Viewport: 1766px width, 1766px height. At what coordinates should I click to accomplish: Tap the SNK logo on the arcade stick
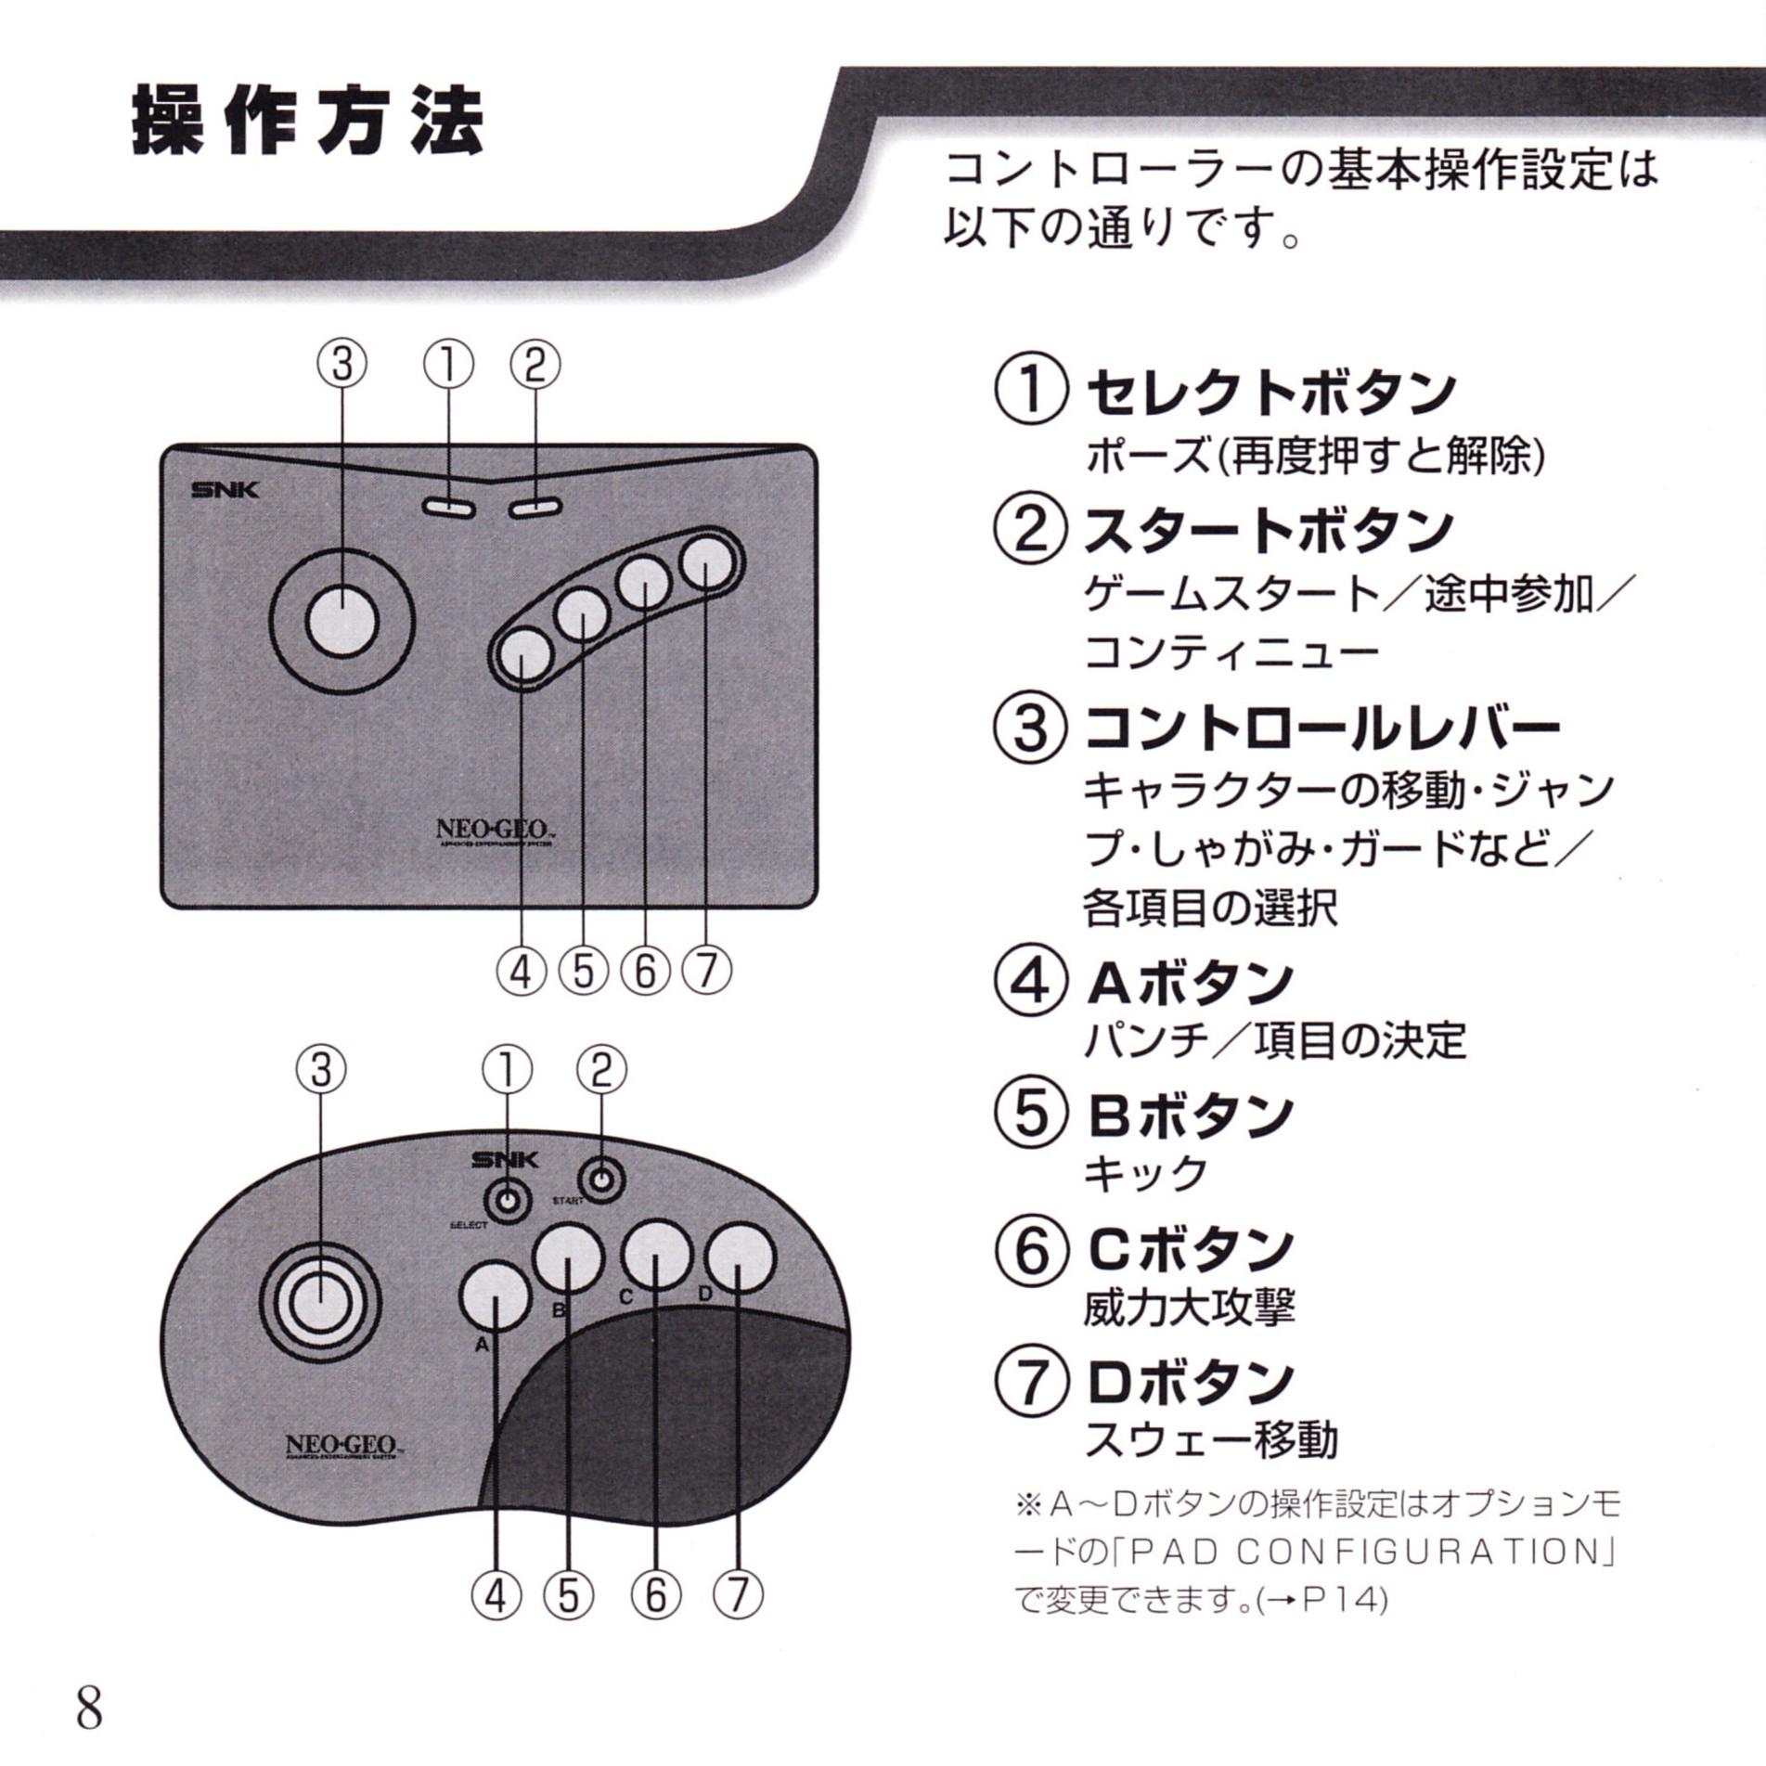click(x=225, y=490)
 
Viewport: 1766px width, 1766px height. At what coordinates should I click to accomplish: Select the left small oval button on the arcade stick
click(x=448, y=509)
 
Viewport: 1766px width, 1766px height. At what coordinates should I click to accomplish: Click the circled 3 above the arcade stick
click(x=342, y=365)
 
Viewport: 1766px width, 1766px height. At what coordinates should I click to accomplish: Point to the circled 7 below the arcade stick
click(x=707, y=972)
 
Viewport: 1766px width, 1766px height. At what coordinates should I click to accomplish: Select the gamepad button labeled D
click(x=740, y=1258)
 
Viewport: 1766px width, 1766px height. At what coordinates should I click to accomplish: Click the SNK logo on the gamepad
click(x=504, y=1159)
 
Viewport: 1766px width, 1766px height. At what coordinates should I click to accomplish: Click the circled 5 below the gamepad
click(x=568, y=1594)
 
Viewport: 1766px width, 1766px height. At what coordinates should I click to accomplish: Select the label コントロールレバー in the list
click(x=1321, y=728)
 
